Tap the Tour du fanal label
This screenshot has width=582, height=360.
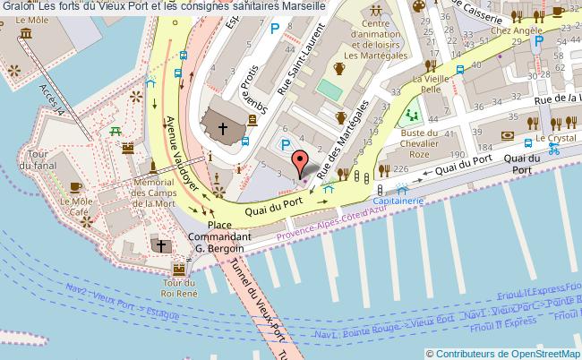tap(39, 159)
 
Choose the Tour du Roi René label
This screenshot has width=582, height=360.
tap(179, 284)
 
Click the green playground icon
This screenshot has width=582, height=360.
tap(412, 115)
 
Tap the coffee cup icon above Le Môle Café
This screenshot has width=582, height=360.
tap(75, 186)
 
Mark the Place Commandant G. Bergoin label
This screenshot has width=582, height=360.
tap(219, 236)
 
